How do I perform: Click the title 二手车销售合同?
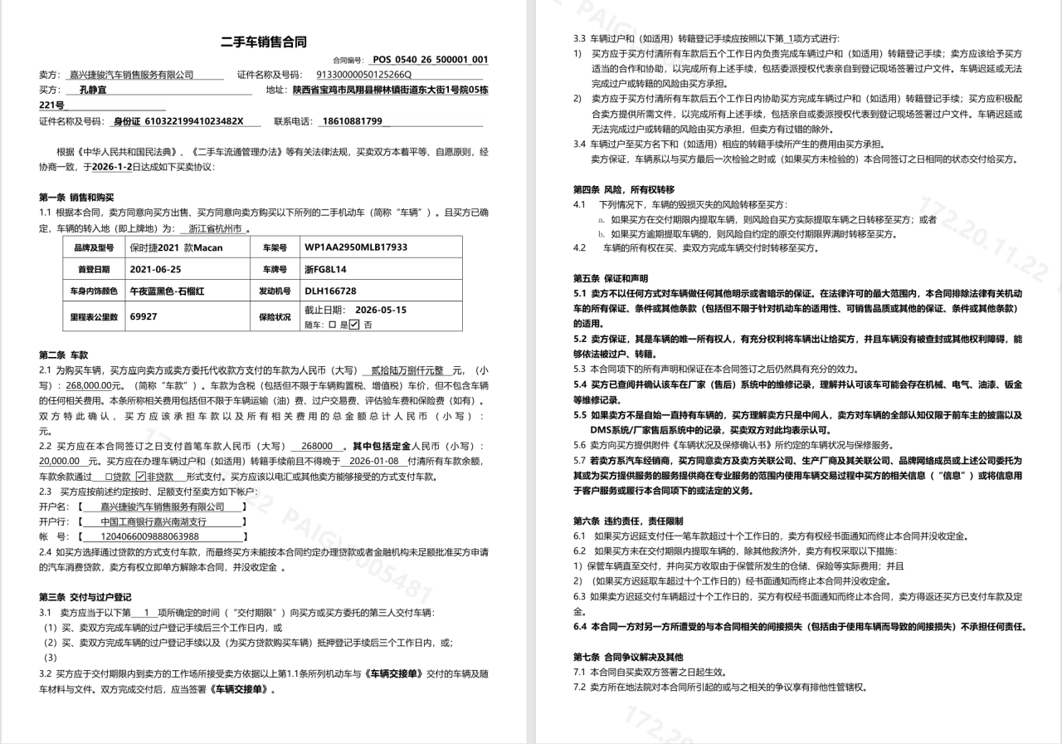pyautogui.click(x=263, y=42)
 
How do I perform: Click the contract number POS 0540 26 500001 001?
pyautogui.click(x=430, y=60)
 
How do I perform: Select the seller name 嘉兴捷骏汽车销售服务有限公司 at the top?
pyautogui.click(x=131, y=75)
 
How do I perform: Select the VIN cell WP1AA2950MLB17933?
pyautogui.click(x=356, y=247)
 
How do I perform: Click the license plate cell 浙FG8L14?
pyautogui.click(x=326, y=270)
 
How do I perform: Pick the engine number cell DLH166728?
pyautogui.click(x=330, y=291)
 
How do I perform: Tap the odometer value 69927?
pyautogui.click(x=144, y=316)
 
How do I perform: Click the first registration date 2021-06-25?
pyautogui.click(x=155, y=270)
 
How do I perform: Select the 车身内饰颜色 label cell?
pyautogui.click(x=92, y=291)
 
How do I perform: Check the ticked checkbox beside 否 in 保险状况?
pyautogui.click(x=354, y=325)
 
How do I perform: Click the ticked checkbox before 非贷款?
pyautogui.click(x=141, y=477)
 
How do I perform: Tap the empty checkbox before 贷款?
pyautogui.click(x=108, y=477)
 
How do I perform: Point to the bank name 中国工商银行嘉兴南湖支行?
pyautogui.click(x=153, y=521)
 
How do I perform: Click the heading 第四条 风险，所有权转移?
pyautogui.click(x=624, y=189)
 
